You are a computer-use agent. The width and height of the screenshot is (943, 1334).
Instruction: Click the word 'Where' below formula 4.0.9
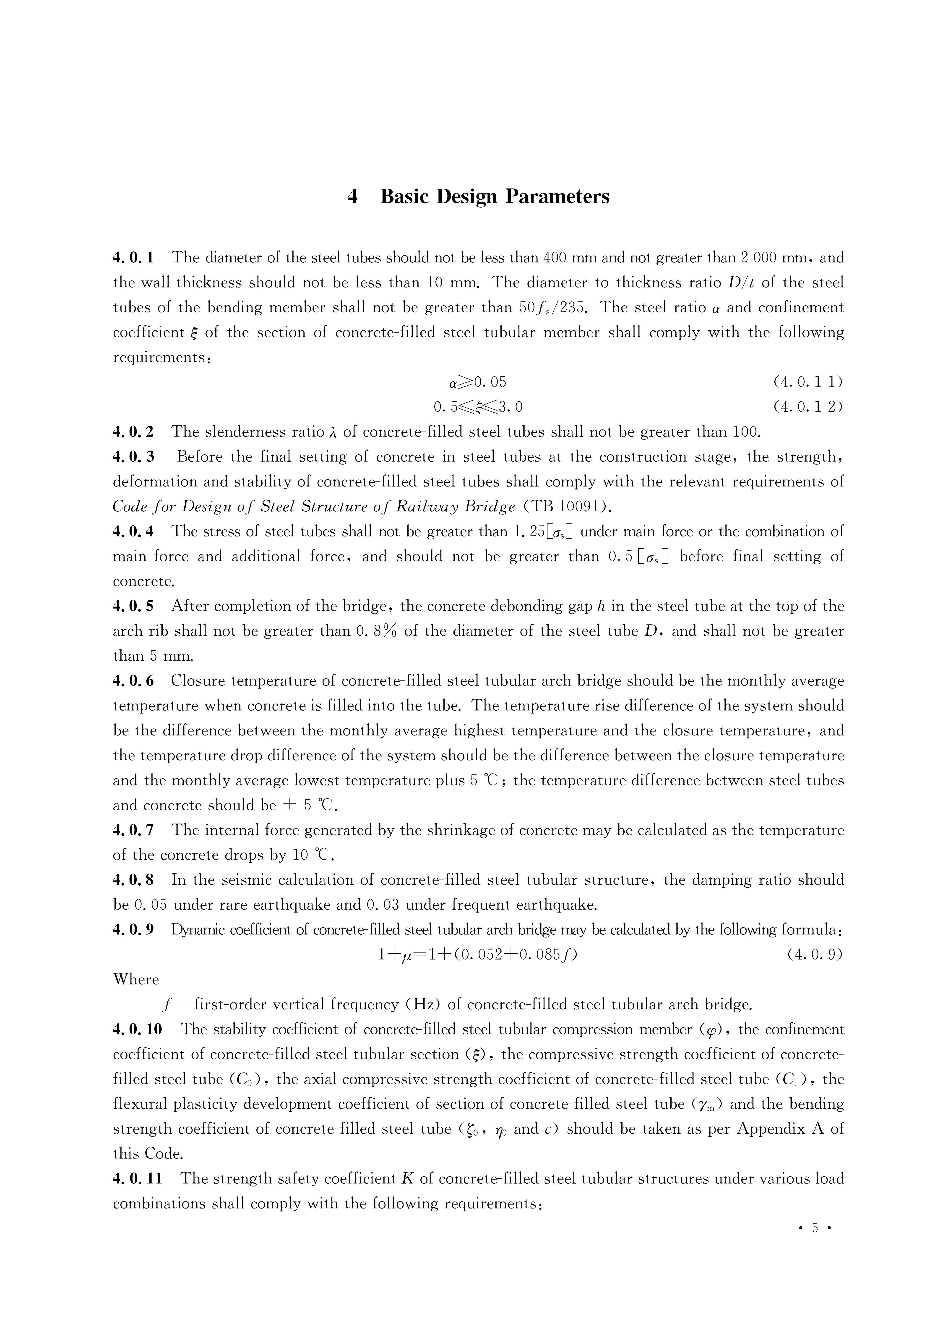136,980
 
